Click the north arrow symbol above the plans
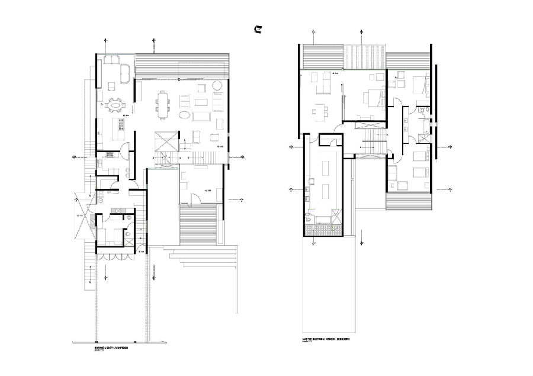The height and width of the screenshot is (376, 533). tap(258, 30)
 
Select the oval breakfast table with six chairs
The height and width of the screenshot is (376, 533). tap(115, 106)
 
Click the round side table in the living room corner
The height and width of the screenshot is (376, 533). tap(218, 85)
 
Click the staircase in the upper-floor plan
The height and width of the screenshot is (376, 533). tap(374, 142)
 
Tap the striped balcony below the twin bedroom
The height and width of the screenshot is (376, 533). tap(409, 201)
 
